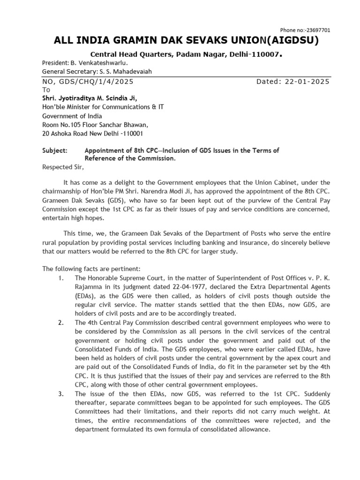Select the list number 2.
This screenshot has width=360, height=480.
pos(60,323)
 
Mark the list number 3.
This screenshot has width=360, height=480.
pos(60,394)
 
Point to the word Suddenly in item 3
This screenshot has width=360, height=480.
pos(317,394)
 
